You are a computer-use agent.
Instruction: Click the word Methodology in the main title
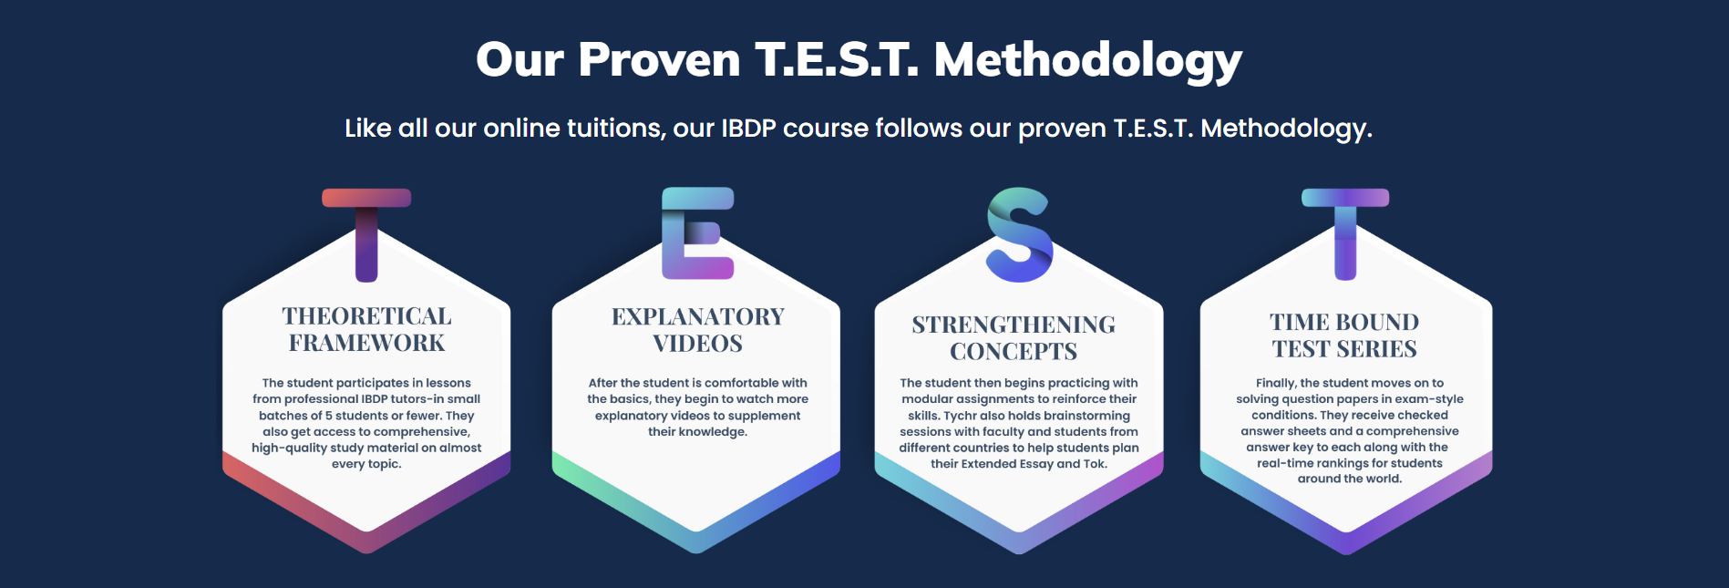point(1087,60)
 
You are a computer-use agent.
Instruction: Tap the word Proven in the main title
point(659,60)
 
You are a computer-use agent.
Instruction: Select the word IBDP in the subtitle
point(748,128)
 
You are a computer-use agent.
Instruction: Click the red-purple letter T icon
point(366,234)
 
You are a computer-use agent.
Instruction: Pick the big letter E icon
point(697,232)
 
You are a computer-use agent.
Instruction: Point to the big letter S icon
point(1020,234)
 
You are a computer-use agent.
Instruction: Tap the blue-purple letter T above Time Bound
point(1345,234)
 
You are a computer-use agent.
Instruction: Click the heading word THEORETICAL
point(366,316)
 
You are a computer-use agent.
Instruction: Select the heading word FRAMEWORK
point(366,343)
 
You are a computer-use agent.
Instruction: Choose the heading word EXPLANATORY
point(698,316)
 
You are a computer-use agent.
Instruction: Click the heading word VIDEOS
point(698,344)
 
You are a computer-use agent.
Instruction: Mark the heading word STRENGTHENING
point(1014,325)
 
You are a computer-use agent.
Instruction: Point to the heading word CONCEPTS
point(1014,351)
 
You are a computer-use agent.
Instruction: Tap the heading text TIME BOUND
point(1344,322)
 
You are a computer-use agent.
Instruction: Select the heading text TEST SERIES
point(1344,349)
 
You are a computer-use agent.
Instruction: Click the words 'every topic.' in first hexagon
point(366,464)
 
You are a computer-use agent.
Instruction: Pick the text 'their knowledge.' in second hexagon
point(697,432)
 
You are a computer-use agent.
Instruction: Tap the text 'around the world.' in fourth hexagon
point(1350,479)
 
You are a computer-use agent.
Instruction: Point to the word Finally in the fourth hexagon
point(1276,383)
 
